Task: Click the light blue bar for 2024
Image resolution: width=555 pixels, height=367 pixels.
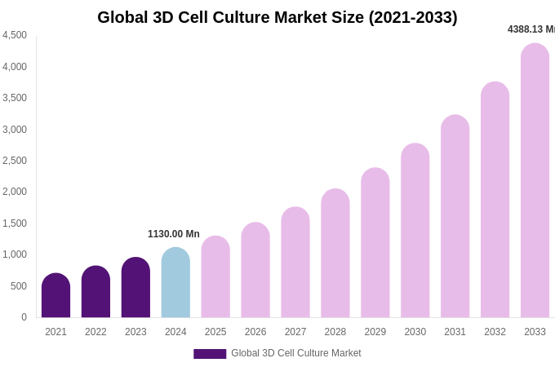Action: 175,283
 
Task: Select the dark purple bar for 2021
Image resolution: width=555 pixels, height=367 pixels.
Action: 55,296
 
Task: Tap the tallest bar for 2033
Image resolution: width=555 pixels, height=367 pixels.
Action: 535,181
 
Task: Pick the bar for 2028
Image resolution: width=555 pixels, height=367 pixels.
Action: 335,254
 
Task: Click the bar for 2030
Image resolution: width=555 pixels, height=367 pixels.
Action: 415,231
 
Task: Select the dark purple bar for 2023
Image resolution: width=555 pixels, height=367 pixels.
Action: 135,288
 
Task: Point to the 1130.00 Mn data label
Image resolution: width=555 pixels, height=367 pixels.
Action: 173,234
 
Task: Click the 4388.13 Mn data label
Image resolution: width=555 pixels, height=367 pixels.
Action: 531,29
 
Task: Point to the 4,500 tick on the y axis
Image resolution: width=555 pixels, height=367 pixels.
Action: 15,35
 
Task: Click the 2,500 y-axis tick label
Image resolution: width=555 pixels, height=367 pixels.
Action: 15,161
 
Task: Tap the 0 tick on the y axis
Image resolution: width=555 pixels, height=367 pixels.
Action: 24,317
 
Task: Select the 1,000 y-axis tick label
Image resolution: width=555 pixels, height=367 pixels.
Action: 15,254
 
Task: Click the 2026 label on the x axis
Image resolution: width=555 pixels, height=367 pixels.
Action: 255,332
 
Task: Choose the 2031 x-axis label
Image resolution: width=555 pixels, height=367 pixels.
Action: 455,332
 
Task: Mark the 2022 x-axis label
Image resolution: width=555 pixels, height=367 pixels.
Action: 95,332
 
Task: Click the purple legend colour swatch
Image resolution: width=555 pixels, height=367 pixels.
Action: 210,354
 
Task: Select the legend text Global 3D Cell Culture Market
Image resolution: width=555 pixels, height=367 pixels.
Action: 295,353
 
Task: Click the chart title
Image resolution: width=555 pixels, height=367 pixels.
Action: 277,17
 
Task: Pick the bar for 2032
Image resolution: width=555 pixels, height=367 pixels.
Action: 495,200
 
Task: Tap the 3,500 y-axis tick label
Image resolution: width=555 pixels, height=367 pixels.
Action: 15,98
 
